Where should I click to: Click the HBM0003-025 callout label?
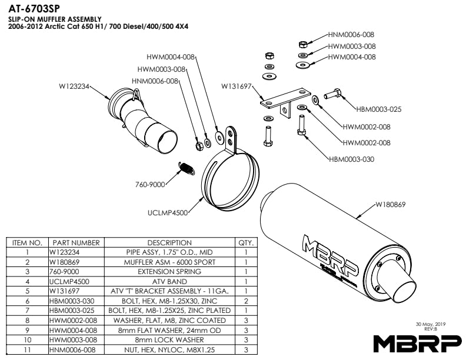[x=380, y=109]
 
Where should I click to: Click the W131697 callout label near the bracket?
[x=237, y=86]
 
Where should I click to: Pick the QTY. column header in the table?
[x=246, y=242]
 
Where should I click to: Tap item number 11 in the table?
[x=26, y=349]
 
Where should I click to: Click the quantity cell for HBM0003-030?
[x=246, y=301]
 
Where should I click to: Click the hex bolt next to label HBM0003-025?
[x=332, y=93]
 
